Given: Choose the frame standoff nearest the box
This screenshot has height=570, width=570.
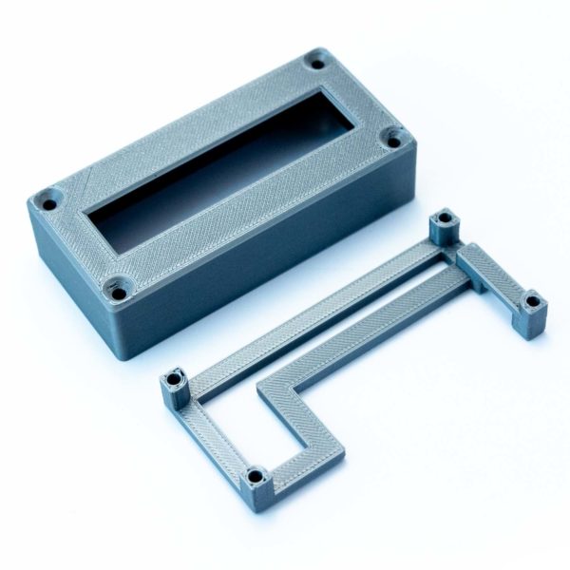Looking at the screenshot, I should [x=442, y=226].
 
